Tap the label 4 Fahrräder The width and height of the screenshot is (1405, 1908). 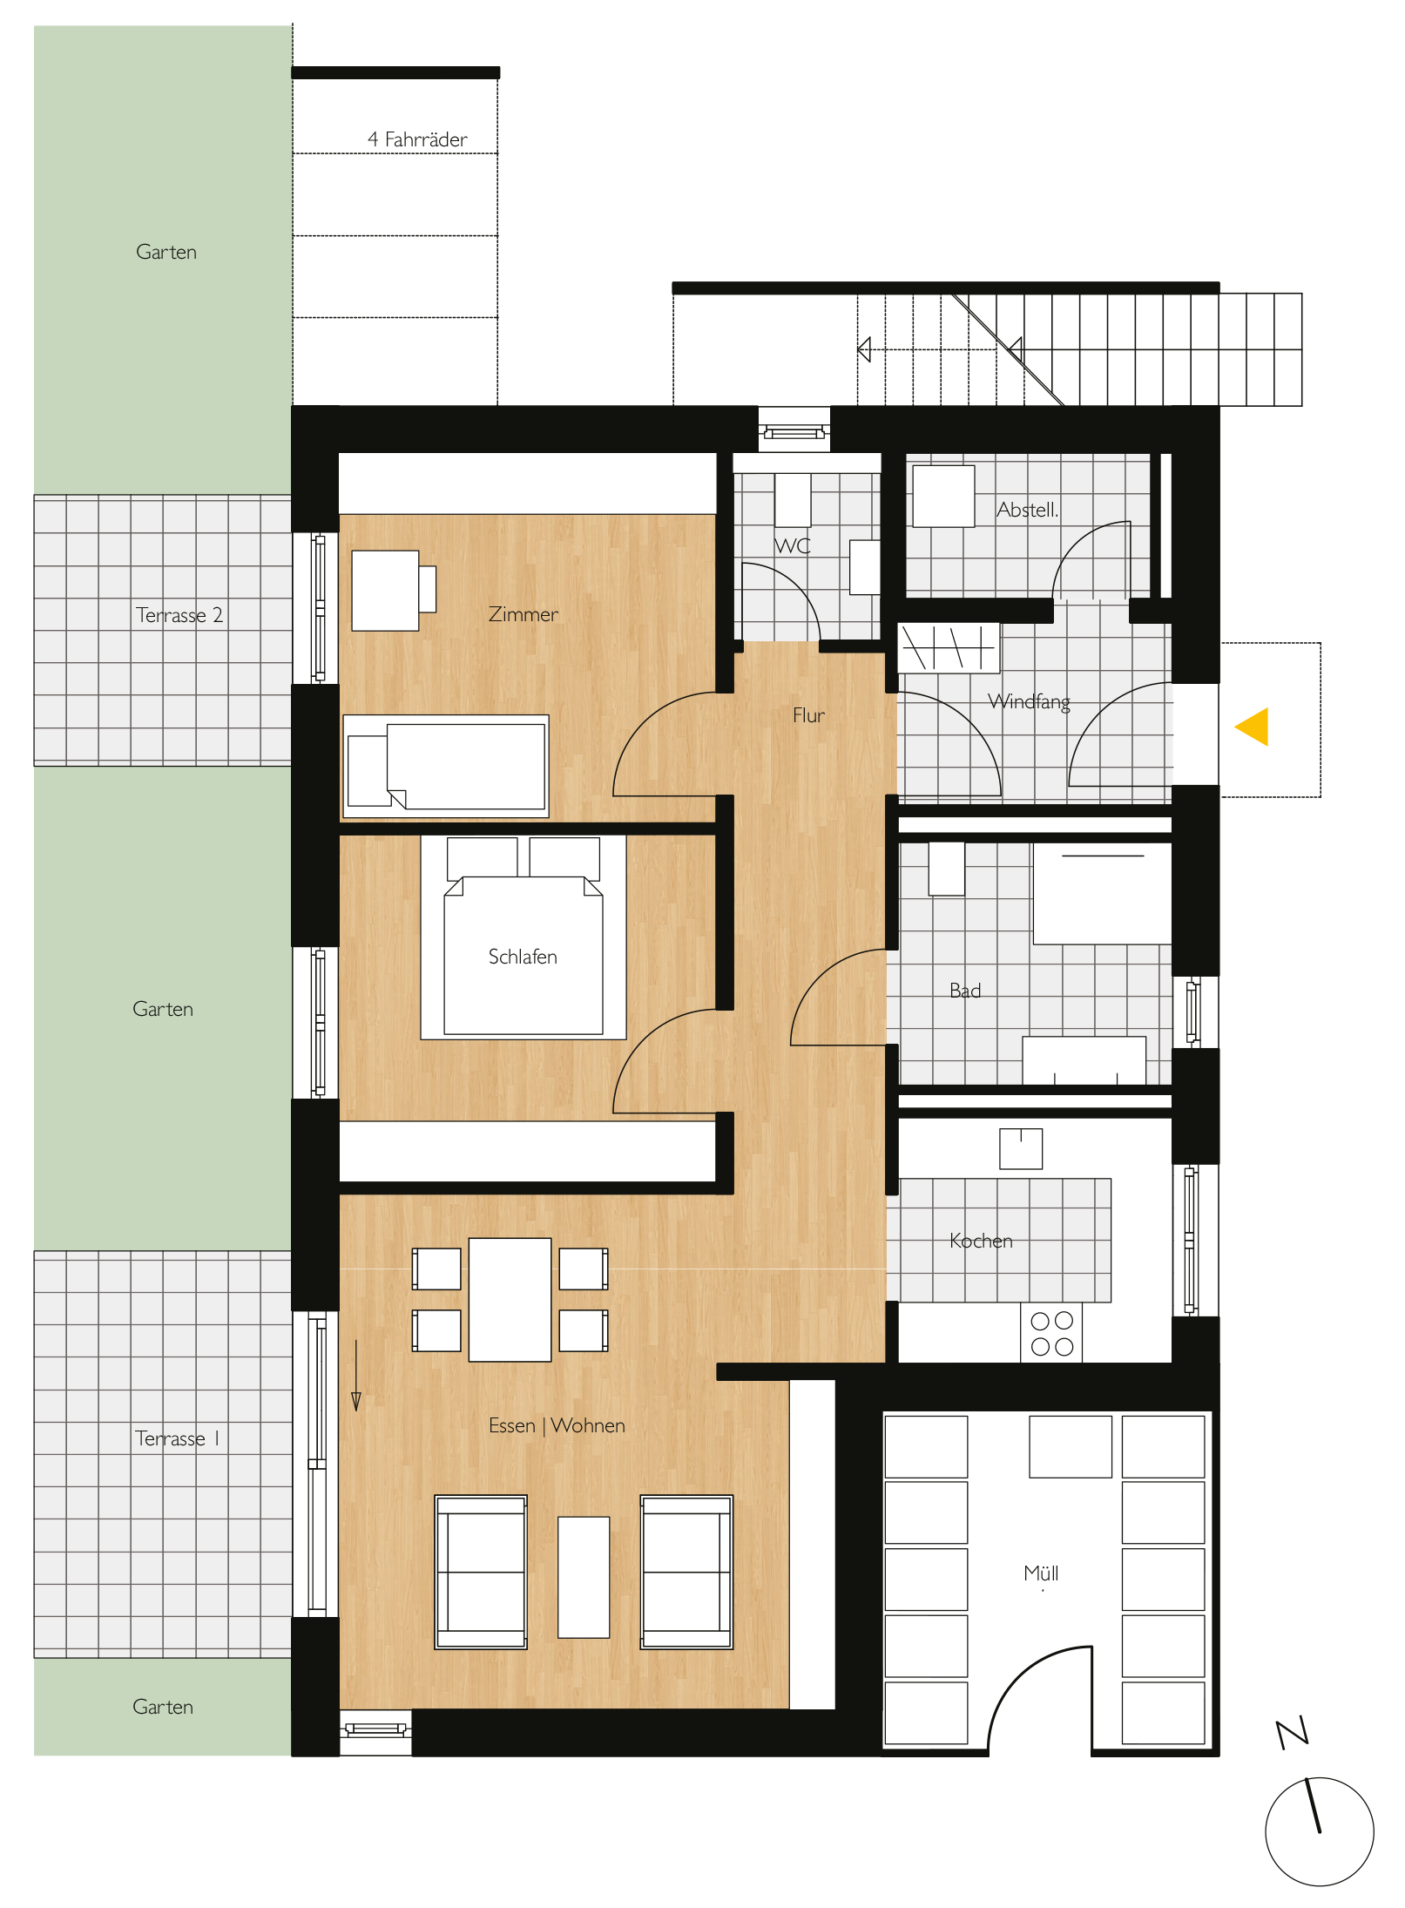coord(417,139)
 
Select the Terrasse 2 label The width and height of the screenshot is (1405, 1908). coord(179,615)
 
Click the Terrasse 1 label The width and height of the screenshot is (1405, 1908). coord(177,1438)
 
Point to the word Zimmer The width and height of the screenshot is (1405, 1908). coord(523,614)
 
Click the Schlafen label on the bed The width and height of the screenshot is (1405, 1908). coord(523,957)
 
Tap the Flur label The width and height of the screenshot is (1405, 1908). coord(808,715)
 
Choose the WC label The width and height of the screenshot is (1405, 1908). coord(793,546)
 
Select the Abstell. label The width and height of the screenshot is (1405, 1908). coord(1028,510)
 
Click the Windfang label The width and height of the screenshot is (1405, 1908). coord(1030,702)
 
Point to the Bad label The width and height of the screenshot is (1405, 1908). coord(965,991)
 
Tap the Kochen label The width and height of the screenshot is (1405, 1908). coord(981,1241)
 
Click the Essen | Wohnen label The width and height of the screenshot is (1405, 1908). coord(557,1425)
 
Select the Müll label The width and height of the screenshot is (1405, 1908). coord(1041,1573)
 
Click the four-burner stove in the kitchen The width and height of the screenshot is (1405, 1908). coord(1051,1333)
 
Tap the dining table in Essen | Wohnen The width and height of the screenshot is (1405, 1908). coord(510,1299)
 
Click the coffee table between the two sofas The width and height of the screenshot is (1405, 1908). coord(584,1577)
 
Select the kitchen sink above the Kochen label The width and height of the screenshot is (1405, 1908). coord(1021,1148)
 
